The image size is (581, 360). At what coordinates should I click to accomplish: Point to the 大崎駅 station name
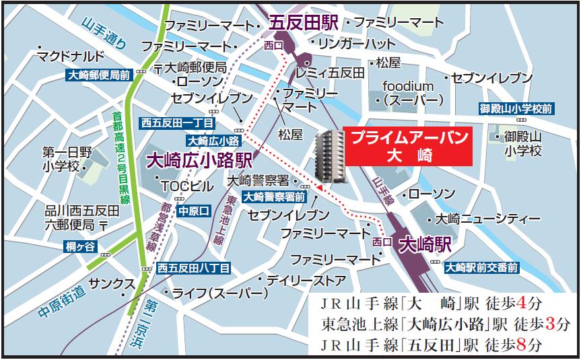coord(424,244)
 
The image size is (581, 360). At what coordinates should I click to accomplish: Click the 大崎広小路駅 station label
coord(199,161)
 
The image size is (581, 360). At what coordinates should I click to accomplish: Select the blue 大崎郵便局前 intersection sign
coord(99,76)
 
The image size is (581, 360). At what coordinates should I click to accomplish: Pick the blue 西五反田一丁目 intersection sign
coord(178,123)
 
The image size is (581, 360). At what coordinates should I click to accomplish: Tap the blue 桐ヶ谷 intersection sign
coord(81,246)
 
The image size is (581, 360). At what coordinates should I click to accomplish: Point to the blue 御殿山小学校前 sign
coord(516,108)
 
